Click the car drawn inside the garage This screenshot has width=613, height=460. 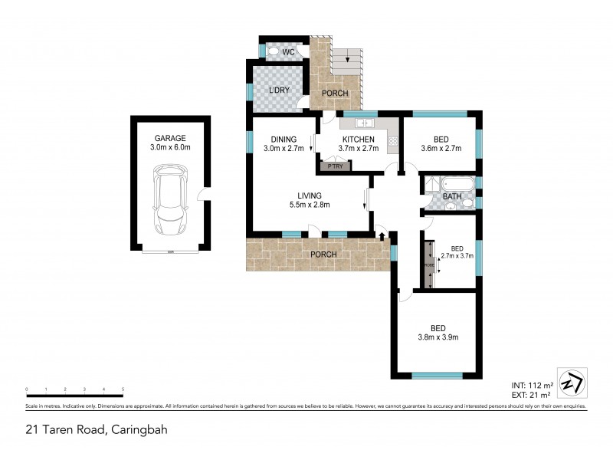[169, 202]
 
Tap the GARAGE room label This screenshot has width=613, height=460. [169, 139]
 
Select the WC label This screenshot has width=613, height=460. [289, 52]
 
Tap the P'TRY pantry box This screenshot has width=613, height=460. [334, 166]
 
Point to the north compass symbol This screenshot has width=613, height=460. [570, 382]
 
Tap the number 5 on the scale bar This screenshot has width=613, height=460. [123, 390]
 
